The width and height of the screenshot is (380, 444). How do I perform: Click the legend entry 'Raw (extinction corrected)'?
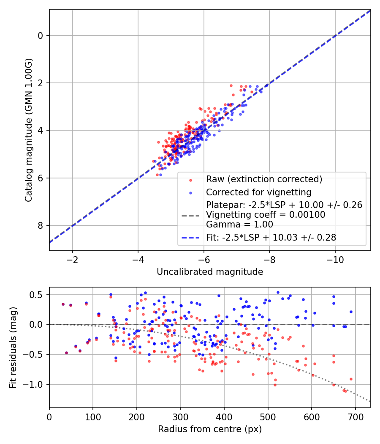(x=264, y=179)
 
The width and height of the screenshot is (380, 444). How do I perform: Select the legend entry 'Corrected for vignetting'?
(x=258, y=192)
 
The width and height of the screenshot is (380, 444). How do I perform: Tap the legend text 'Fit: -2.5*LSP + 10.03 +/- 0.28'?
(x=271, y=238)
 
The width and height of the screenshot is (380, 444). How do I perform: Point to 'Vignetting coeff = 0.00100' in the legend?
(x=266, y=215)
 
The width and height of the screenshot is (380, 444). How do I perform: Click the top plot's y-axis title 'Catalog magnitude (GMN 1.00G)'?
(x=28, y=129)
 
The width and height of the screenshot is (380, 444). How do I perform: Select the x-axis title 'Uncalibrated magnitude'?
(x=210, y=271)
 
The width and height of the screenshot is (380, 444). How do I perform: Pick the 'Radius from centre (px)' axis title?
(x=210, y=429)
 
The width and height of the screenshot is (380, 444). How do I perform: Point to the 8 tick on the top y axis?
(x=41, y=225)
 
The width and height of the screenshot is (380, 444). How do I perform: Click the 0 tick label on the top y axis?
(x=41, y=36)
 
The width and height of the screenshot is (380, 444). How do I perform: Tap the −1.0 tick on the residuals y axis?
(x=36, y=384)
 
